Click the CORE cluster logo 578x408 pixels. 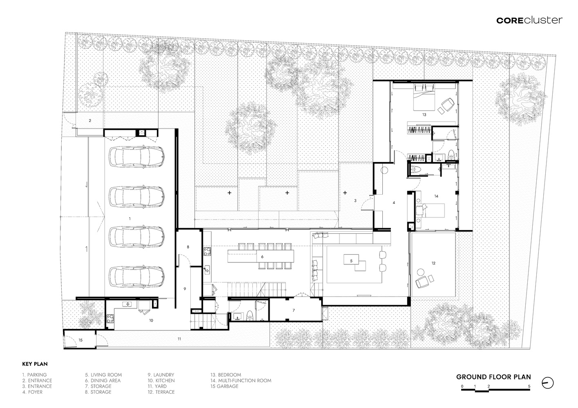529,20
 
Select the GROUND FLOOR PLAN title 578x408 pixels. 493,377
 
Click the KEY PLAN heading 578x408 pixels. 35,364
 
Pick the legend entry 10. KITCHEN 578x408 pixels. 161,380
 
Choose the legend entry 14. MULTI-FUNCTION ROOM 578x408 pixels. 241,380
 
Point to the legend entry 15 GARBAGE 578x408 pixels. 225,386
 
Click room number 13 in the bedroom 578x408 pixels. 424,115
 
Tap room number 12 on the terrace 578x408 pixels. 433,263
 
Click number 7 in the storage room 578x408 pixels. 294,310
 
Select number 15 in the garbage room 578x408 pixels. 80,340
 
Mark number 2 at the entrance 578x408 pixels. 90,120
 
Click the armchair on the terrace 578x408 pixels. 422,282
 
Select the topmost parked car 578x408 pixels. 136,157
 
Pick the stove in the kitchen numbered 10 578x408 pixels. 110,319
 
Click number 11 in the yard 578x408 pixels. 179,339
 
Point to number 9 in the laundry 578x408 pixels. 185,289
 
